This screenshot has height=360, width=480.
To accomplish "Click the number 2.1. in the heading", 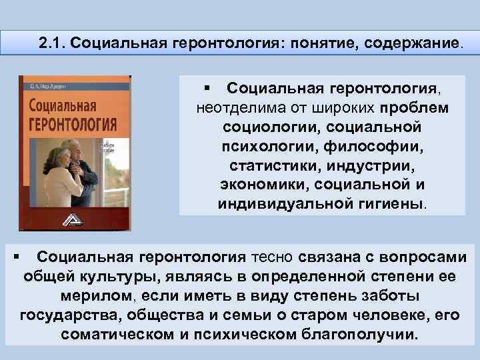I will click(52, 45).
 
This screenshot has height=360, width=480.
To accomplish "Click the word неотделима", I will click(235, 107).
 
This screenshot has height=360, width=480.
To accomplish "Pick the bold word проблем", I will click(415, 107).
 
